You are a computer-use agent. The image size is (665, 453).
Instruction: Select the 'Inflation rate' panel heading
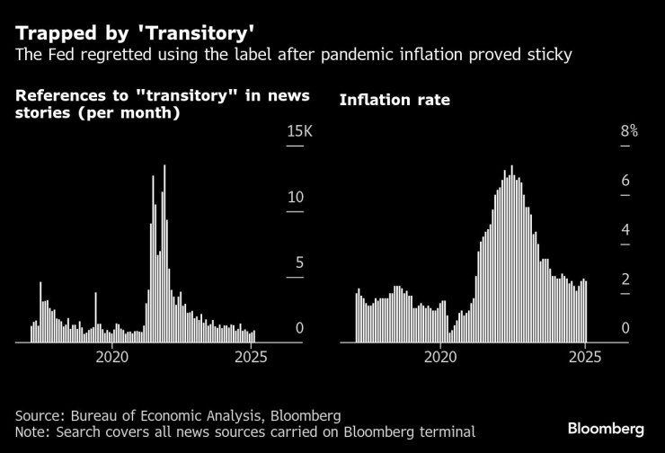tap(394, 100)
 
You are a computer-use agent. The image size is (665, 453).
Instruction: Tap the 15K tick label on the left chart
tap(298, 132)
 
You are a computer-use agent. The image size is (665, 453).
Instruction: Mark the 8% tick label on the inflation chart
tap(629, 132)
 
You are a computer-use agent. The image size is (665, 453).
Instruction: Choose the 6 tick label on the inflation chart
tap(626, 182)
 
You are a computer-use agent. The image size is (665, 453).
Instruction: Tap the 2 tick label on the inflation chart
tap(626, 280)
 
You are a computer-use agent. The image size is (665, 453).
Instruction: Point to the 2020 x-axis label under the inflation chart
tap(440, 357)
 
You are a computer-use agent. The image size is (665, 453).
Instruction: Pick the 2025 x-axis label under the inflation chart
tap(585, 357)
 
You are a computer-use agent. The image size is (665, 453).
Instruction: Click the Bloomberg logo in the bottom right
tap(606, 426)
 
